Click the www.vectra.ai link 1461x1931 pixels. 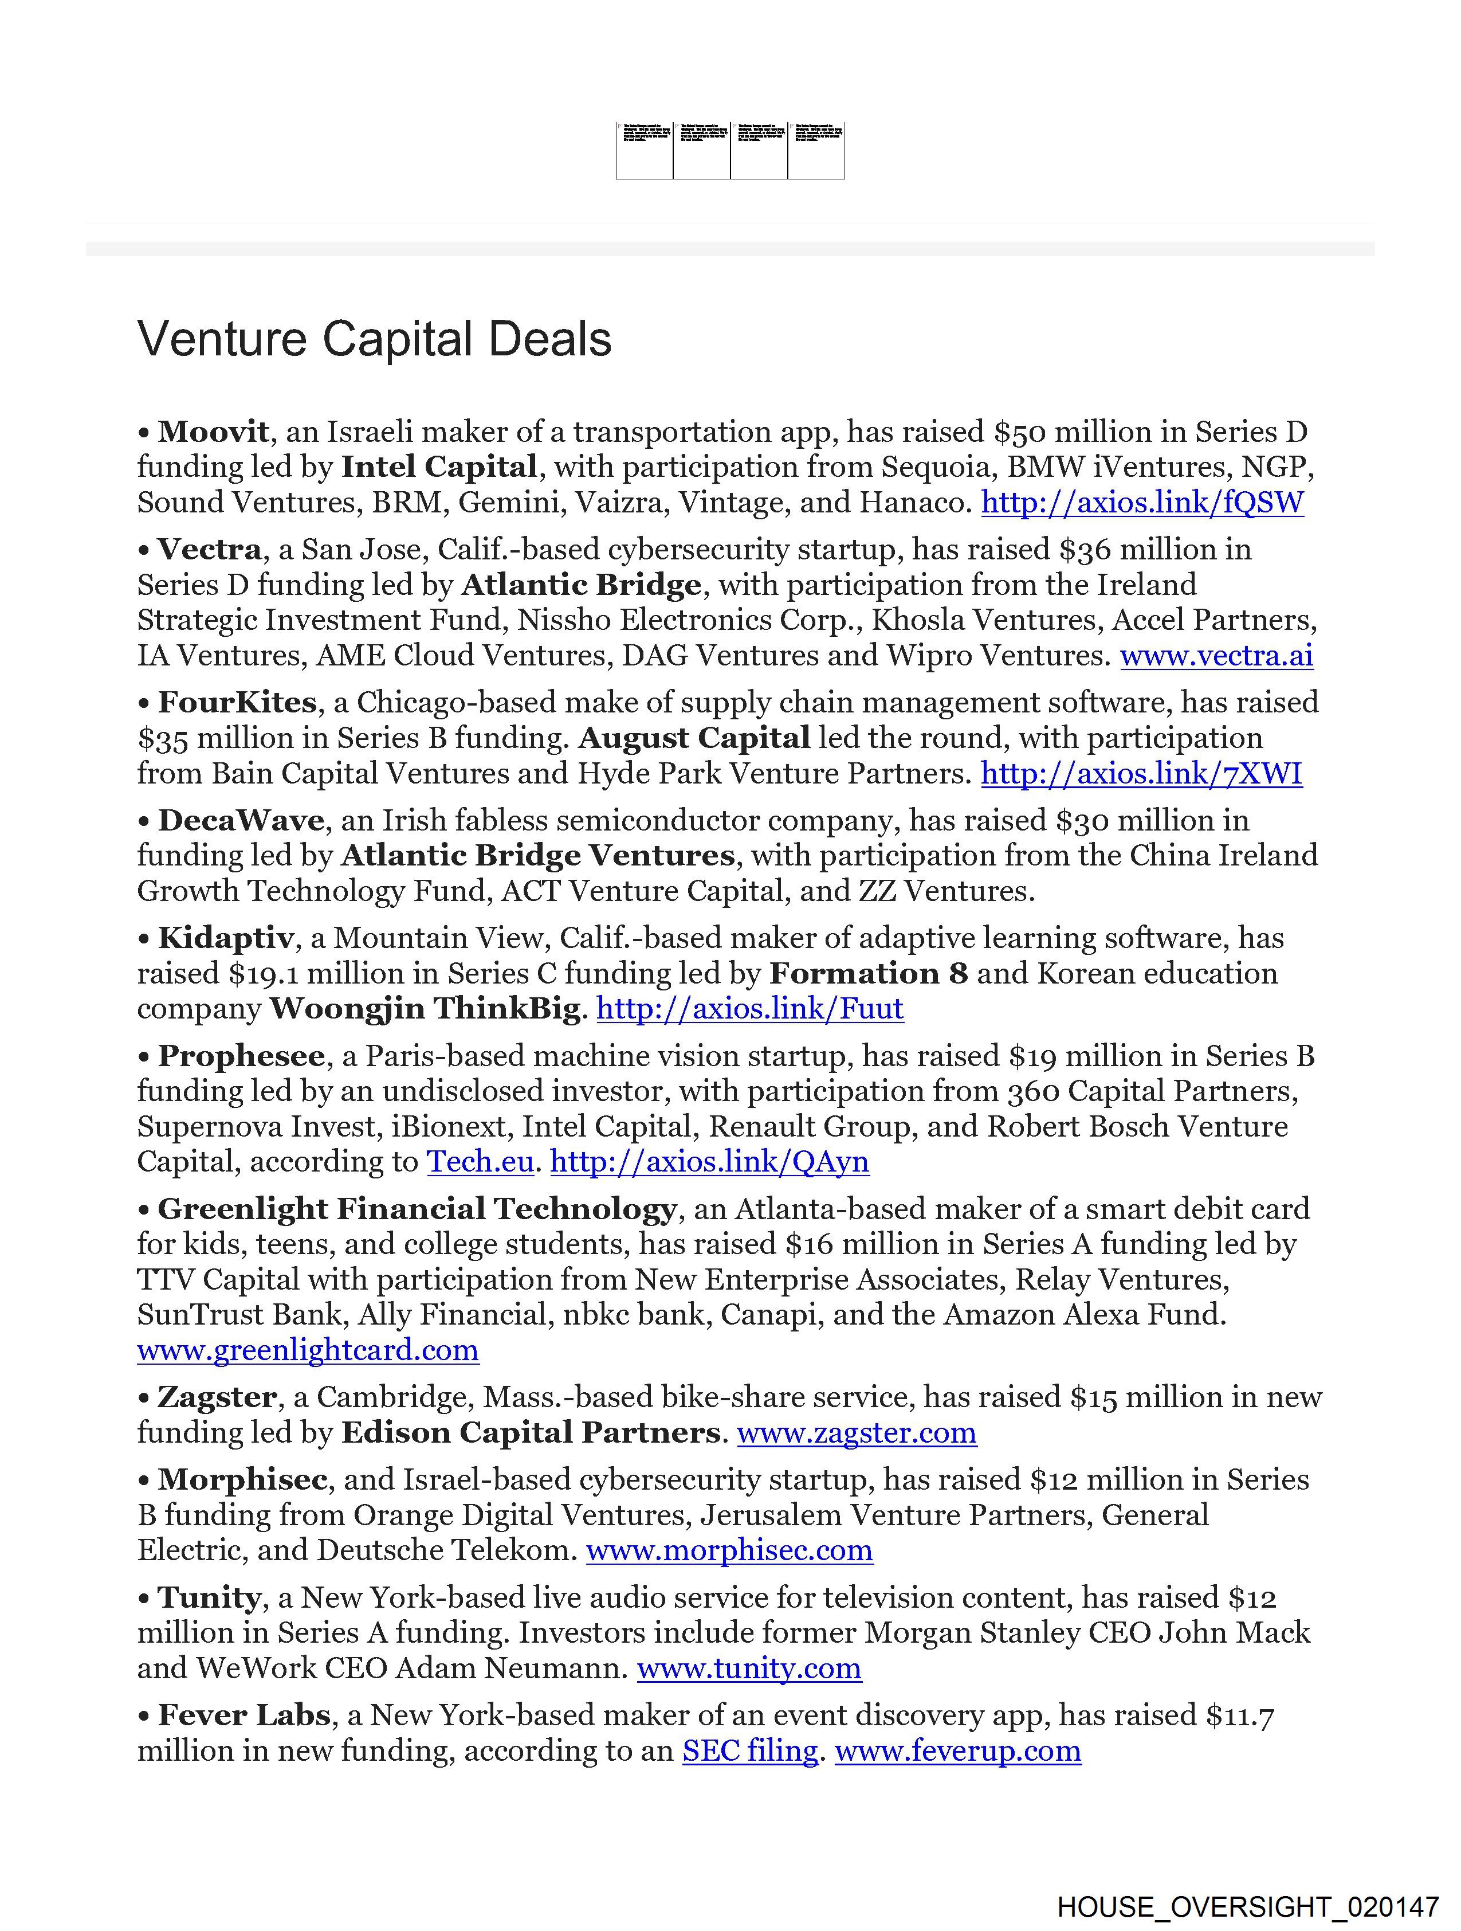(1216, 656)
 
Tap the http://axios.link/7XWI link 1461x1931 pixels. (1141, 773)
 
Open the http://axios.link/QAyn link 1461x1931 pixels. (709, 1162)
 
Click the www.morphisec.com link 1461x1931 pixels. (729, 1550)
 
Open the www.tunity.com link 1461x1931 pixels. (749, 1668)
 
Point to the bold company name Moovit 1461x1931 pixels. (213, 432)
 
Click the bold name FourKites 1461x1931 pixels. (237, 703)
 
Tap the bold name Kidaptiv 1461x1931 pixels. (225, 938)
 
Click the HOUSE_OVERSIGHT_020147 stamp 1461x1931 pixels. (1247, 1906)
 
